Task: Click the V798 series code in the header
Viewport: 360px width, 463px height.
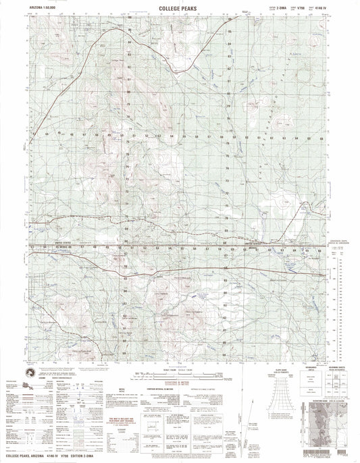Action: pos(294,7)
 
